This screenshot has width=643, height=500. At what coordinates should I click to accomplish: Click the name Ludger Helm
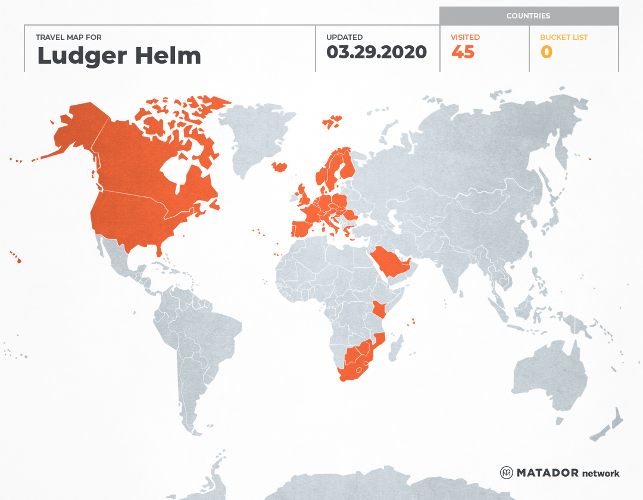click(x=119, y=56)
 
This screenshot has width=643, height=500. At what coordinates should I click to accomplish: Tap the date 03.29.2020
click(x=376, y=52)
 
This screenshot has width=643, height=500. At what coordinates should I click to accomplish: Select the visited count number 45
click(x=463, y=52)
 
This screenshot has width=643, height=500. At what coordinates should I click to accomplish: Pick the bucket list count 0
click(x=546, y=52)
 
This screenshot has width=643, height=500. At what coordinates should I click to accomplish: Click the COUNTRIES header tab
click(x=528, y=16)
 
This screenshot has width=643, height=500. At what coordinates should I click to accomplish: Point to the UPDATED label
click(x=344, y=37)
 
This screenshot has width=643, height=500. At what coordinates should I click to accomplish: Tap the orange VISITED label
click(x=465, y=37)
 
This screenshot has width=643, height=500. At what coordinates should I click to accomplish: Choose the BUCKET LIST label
click(x=563, y=37)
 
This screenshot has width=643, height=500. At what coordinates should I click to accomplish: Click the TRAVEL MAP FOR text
click(x=69, y=37)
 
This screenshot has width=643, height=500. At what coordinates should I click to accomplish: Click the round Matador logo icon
click(x=506, y=473)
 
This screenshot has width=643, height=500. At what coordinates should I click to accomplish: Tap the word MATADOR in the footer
click(x=547, y=473)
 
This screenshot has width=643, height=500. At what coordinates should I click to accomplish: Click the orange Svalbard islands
click(x=333, y=121)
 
